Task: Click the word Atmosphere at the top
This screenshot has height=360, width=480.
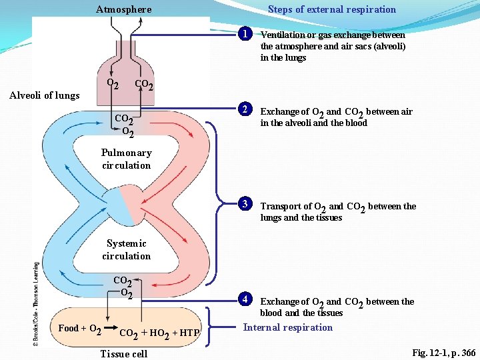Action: [x=123, y=9]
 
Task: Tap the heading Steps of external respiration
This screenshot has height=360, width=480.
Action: [x=331, y=9]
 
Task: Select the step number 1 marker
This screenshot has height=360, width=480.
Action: [x=246, y=34]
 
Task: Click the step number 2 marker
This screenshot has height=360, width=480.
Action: [x=246, y=110]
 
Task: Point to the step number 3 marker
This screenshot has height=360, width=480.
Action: [x=246, y=204]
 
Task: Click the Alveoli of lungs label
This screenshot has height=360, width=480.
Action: [x=44, y=95]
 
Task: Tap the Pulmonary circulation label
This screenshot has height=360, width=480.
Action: [x=127, y=159]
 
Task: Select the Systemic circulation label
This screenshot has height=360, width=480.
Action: [x=127, y=249]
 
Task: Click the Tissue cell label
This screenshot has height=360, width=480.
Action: [x=123, y=353]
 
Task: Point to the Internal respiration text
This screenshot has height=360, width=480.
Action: [x=287, y=327]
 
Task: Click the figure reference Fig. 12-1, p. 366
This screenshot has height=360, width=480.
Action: [x=443, y=352]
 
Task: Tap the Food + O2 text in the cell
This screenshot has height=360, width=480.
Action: [x=80, y=329]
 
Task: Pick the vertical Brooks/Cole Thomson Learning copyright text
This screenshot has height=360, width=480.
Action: [x=36, y=303]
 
